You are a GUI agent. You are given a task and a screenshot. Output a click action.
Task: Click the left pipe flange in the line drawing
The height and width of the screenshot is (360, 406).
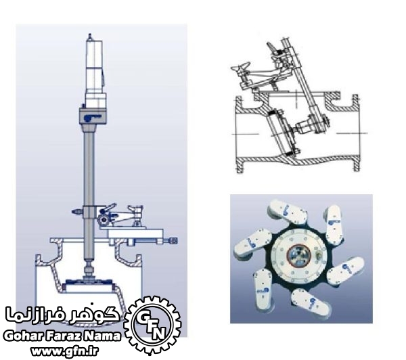pos(238,135)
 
